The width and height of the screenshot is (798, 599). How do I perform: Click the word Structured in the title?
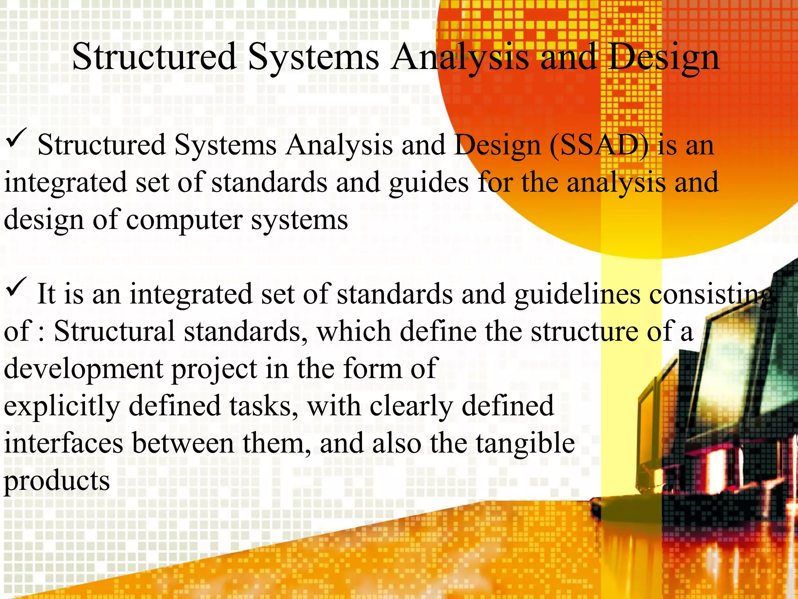pyautogui.click(x=154, y=57)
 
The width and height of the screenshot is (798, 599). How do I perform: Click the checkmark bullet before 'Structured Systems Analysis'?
pyautogui.click(x=16, y=138)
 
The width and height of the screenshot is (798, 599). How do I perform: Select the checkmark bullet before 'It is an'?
pyautogui.click(x=16, y=287)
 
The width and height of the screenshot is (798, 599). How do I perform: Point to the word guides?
pyautogui.click(x=429, y=183)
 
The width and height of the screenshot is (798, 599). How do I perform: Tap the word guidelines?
pyautogui.click(x=577, y=294)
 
